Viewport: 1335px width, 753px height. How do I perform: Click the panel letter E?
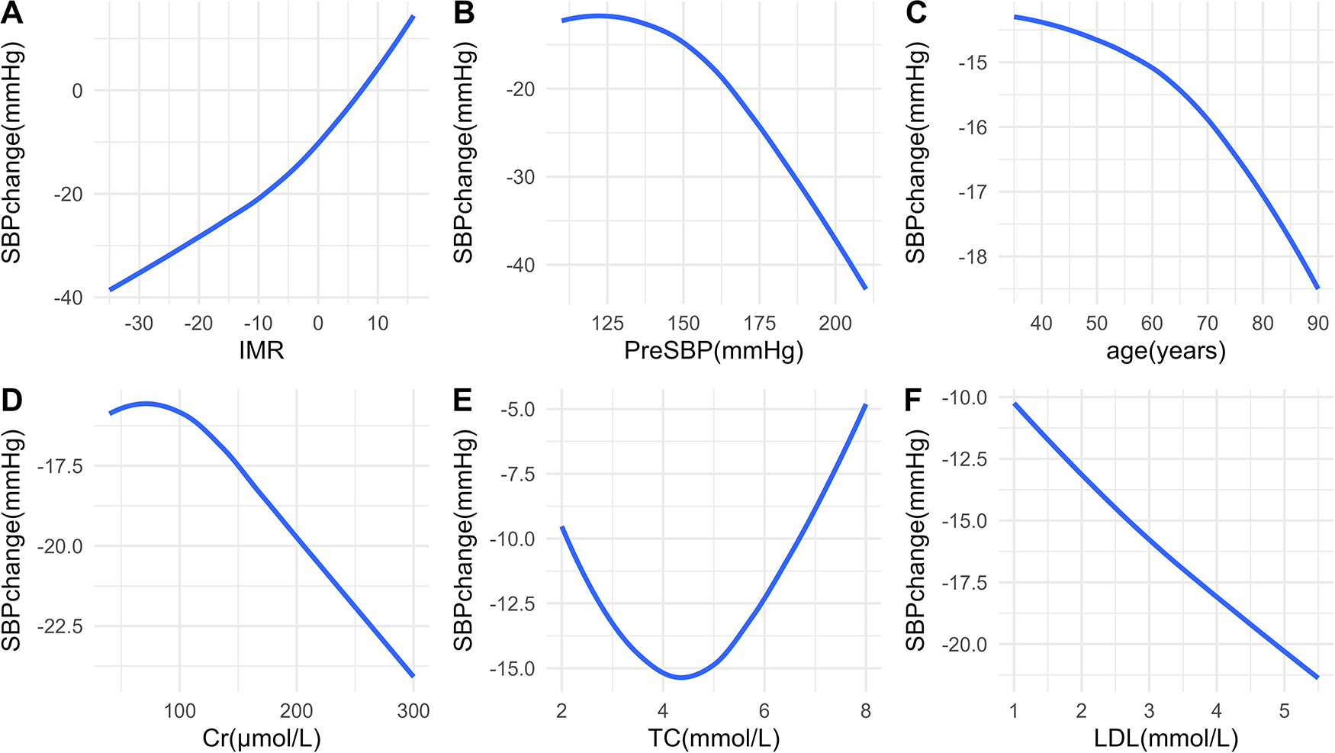(462, 401)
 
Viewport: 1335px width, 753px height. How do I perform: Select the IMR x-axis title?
(262, 350)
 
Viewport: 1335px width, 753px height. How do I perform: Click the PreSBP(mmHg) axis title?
(713, 350)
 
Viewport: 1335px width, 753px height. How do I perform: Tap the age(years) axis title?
(1166, 350)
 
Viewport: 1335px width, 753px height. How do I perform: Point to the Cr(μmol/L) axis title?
(262, 738)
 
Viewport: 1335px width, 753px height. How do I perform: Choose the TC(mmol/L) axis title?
(713, 738)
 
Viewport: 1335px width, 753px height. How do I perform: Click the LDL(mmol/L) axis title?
(1166, 738)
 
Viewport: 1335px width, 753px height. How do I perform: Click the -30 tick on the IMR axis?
(139, 323)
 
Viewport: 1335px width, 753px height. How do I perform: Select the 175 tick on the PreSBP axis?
(759, 323)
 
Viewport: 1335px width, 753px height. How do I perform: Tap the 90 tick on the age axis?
(1317, 323)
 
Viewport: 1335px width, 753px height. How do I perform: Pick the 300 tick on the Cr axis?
(413, 711)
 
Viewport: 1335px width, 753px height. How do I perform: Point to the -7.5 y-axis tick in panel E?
(517, 475)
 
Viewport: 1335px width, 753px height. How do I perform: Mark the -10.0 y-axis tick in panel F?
(966, 397)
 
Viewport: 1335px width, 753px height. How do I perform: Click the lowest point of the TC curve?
(680, 677)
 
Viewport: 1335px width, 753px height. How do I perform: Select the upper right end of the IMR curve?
(413, 16)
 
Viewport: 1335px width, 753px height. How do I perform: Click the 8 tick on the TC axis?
(865, 711)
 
